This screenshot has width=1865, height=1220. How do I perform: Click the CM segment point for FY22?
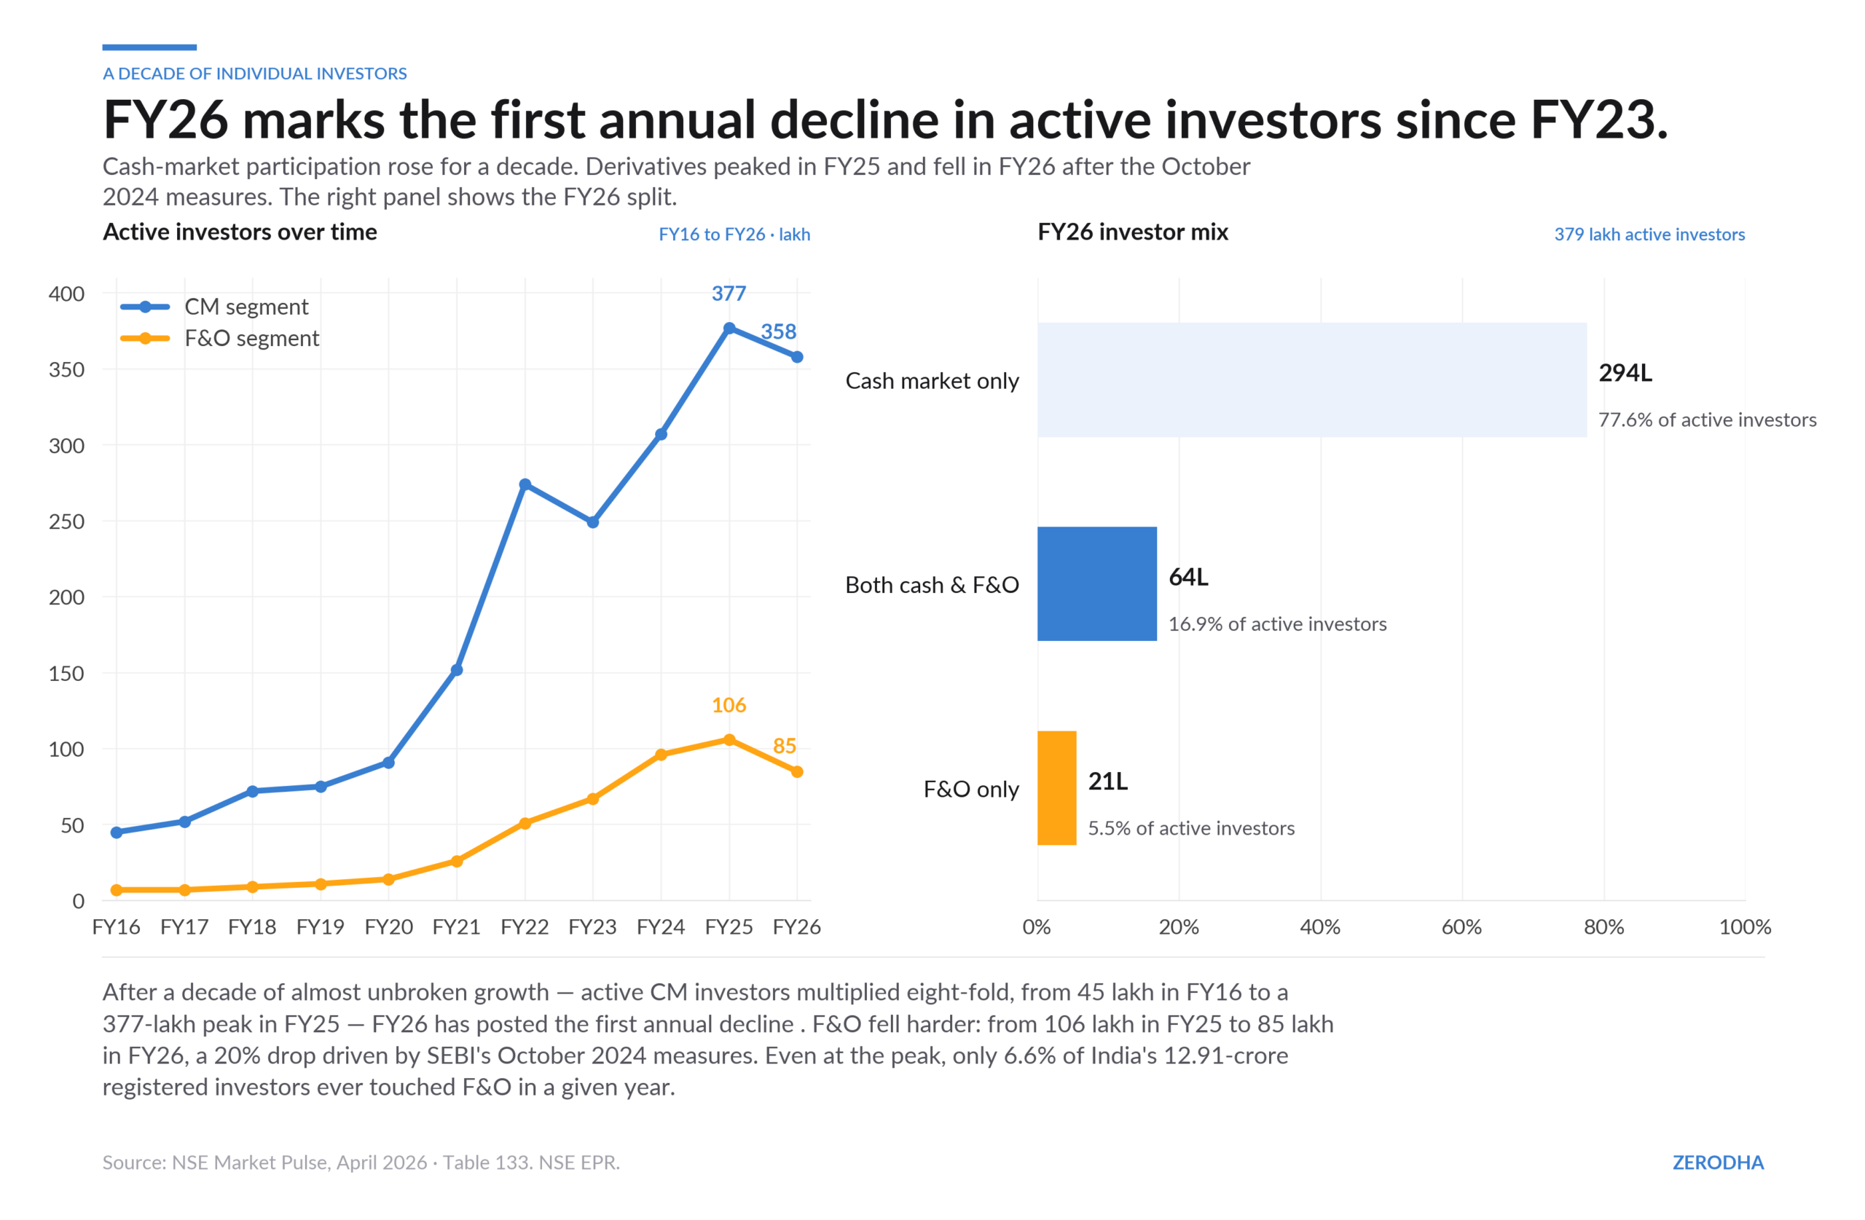coord(525,485)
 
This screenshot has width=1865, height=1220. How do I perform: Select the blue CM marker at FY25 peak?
coord(729,328)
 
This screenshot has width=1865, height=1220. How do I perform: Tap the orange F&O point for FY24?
coord(661,755)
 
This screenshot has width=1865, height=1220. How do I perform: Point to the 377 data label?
coord(729,294)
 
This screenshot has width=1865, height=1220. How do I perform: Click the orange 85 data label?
coord(785,746)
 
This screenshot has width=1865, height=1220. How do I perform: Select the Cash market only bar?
coord(1312,380)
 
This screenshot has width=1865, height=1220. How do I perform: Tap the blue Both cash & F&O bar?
coord(1097,583)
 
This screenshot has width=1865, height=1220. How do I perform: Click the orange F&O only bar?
coord(1057,788)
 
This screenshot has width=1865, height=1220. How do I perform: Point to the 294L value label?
coord(1625,373)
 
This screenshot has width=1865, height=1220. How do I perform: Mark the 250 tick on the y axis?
coord(66,522)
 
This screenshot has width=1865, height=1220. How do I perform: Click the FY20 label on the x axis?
coord(389,927)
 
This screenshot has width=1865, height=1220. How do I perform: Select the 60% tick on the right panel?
coord(1461,928)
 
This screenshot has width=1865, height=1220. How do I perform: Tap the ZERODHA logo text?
coord(1718,1162)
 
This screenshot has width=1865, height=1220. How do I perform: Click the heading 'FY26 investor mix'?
coord(1132,232)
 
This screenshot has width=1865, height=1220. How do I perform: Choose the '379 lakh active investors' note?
coord(1649,235)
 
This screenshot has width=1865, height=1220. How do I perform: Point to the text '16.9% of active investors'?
coord(1277,623)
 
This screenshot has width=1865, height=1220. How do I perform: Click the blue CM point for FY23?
coord(593,522)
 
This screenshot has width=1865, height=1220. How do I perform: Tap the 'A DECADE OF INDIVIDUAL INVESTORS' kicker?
coord(255,74)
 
